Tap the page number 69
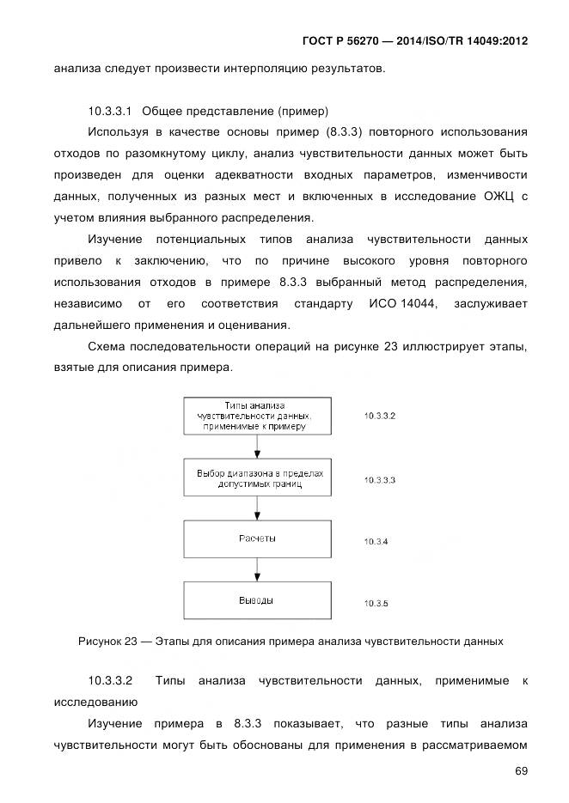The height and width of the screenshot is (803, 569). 521,771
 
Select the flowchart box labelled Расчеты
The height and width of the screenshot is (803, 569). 257,538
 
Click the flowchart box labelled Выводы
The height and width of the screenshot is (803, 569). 257,599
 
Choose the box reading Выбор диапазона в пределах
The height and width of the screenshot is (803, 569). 257,478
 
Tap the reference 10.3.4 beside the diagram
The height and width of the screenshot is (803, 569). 376,542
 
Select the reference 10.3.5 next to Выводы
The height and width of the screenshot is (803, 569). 376,604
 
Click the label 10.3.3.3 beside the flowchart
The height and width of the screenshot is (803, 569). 380,480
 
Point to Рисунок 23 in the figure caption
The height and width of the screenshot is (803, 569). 107,641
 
